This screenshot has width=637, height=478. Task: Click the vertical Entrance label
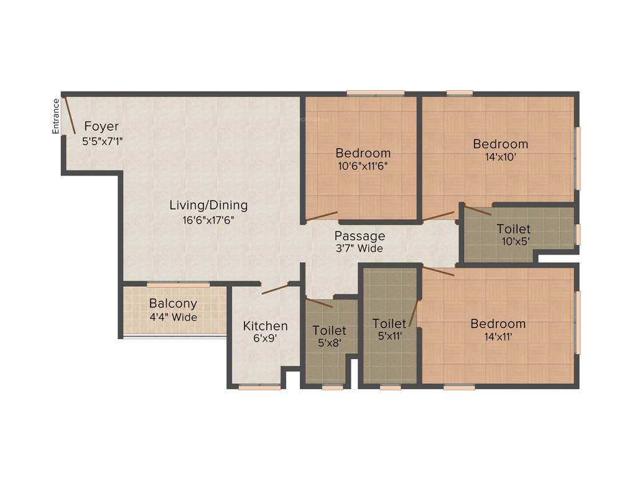pos(55,116)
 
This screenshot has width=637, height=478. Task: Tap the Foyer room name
pos(101,126)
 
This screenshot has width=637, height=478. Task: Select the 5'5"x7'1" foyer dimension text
pos(103,141)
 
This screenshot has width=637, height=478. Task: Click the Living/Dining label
pos(208,205)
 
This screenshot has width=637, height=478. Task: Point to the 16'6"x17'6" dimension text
pos(208,220)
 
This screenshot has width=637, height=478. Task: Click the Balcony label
pos(173,304)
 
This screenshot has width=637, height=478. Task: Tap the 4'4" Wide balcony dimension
pos(173,317)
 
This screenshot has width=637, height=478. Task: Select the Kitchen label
pos(265,326)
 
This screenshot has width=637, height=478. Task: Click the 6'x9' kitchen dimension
pos(265,340)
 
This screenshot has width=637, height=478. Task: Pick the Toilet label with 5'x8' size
pos(329,330)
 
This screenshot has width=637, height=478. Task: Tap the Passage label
pos(360,236)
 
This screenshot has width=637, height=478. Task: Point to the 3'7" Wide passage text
pos(360,248)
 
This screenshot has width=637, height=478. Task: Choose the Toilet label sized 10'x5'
pos(514,229)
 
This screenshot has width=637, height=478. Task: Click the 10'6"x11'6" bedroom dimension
pos(363,166)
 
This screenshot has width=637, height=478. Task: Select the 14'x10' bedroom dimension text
pos(500,157)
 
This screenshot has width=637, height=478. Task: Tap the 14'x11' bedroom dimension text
pos(498,337)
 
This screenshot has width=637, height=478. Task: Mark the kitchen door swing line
pos(274,289)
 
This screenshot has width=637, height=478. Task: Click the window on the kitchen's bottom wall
pos(259,387)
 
